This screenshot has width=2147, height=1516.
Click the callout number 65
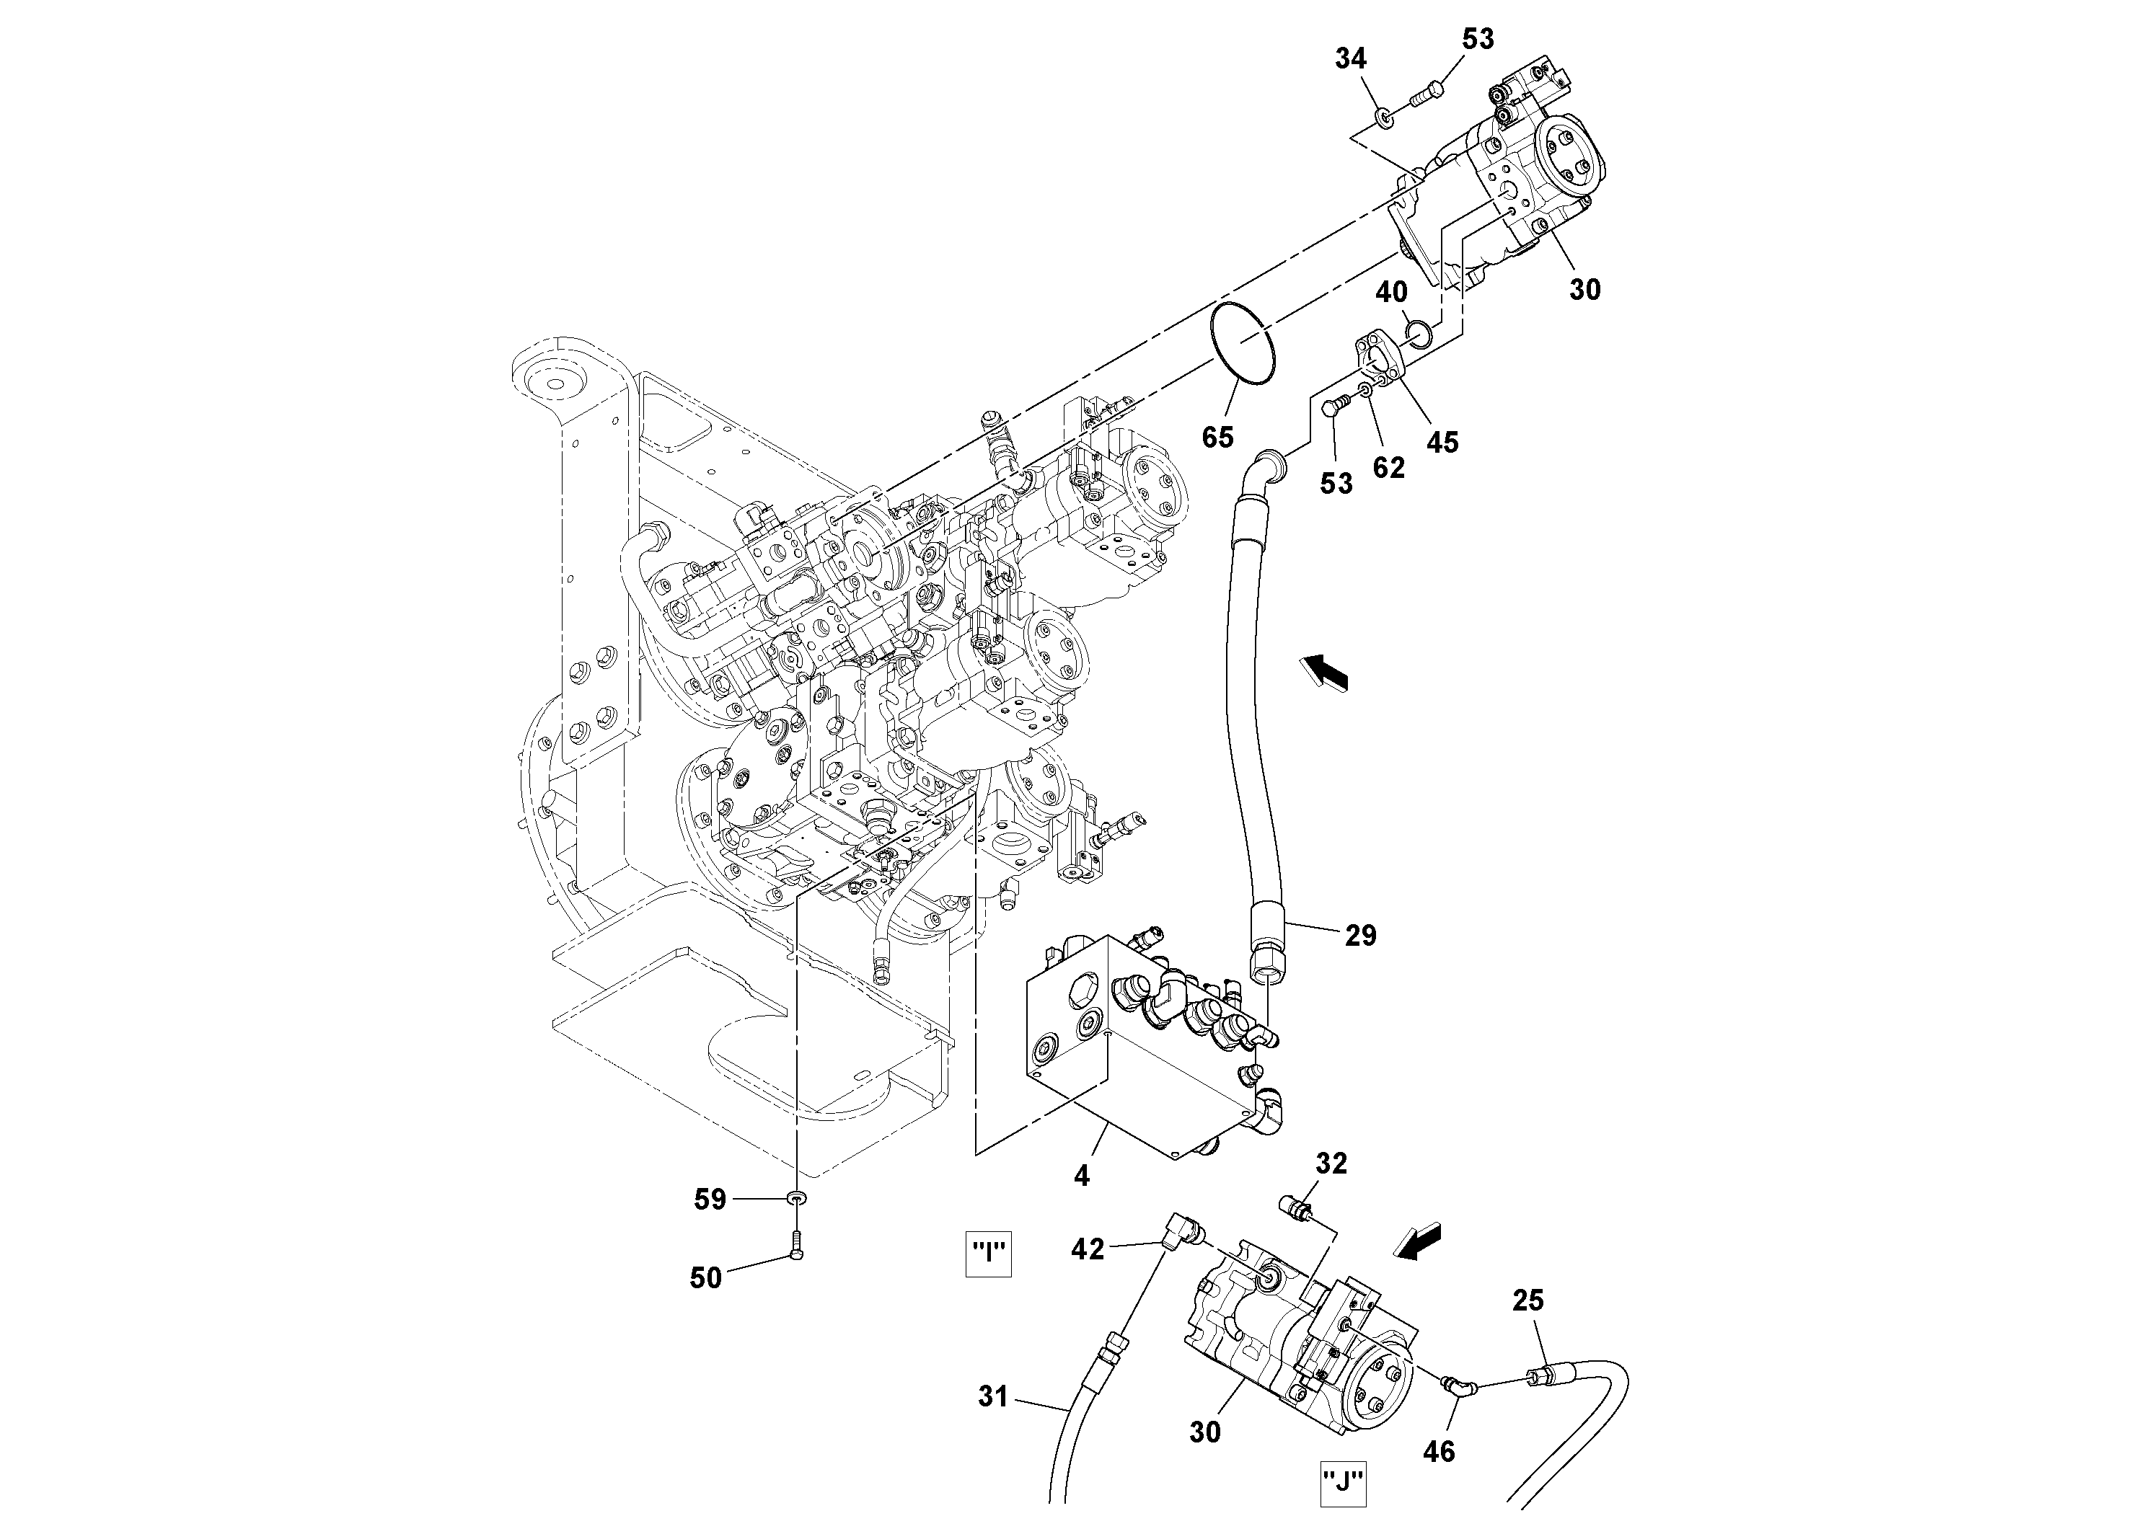coord(1217,436)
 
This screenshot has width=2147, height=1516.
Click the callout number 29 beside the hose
coord(1361,935)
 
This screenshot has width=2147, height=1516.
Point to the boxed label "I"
coord(989,1254)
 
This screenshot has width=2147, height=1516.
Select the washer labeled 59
coord(797,1198)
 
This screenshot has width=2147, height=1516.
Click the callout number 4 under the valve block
coord(1082,1176)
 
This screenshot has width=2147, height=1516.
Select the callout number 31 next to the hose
coord(993,1396)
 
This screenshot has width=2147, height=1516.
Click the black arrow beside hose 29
coord(1325,672)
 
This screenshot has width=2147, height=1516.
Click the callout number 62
coord(1388,467)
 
